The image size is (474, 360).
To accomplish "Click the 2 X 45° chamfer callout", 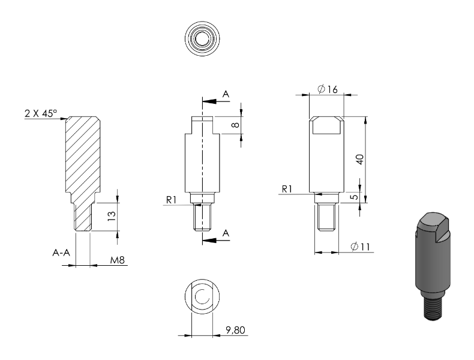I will click(x=41, y=113).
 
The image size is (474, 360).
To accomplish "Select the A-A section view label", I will click(x=61, y=253).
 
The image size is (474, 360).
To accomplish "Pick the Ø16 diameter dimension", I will click(x=328, y=89).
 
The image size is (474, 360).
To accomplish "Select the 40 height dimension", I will click(x=359, y=159).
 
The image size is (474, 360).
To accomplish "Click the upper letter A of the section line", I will click(x=226, y=94).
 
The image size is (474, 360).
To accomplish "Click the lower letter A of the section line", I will click(x=226, y=233).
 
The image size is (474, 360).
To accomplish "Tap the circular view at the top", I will click(x=203, y=37).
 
